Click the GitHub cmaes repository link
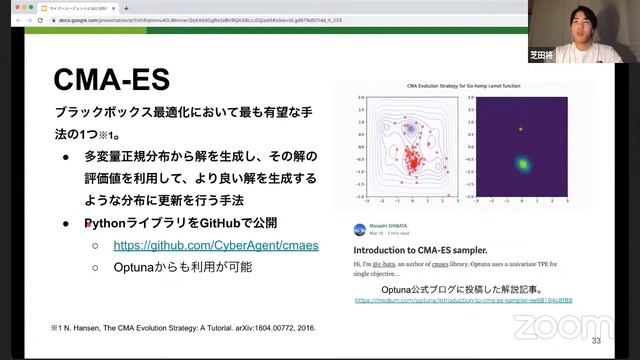coord(215,244)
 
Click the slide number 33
coord(596,341)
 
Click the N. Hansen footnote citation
coord(174,327)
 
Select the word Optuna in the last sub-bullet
coord(138,267)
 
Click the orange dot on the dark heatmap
coord(520,129)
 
